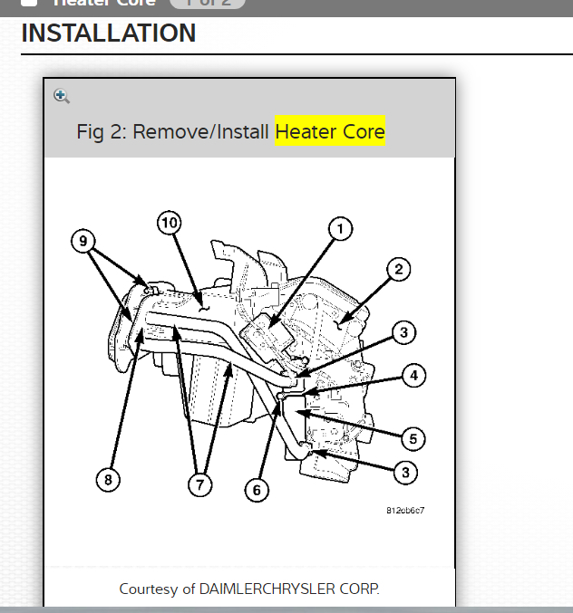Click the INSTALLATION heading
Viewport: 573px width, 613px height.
tap(108, 34)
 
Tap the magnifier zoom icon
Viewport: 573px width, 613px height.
tap(62, 96)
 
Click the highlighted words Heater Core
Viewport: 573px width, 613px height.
tap(330, 131)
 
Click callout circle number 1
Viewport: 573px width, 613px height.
tap(340, 229)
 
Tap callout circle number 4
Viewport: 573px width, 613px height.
tap(413, 375)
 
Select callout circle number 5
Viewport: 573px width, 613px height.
tap(413, 439)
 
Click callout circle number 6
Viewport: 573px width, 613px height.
tap(257, 490)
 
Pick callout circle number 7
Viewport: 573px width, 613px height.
tap(199, 484)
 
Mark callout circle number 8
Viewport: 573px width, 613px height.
tap(108, 480)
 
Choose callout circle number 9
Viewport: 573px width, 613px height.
tap(83, 241)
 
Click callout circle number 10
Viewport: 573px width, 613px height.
tap(169, 223)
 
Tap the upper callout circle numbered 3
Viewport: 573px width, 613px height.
tap(404, 333)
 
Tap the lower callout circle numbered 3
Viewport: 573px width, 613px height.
tap(404, 472)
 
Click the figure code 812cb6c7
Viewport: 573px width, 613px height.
tap(405, 510)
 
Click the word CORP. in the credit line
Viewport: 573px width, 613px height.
tap(361, 589)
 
